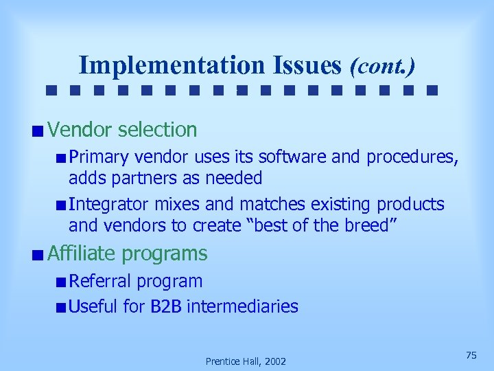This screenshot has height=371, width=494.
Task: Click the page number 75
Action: [471, 355]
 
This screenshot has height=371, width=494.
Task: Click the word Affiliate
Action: [82, 254]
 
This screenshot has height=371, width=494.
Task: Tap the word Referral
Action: [101, 281]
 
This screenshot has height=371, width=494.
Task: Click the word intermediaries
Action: [242, 306]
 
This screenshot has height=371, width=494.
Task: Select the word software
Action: [275, 157]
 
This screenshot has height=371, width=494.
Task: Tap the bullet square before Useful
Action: [62, 307]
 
